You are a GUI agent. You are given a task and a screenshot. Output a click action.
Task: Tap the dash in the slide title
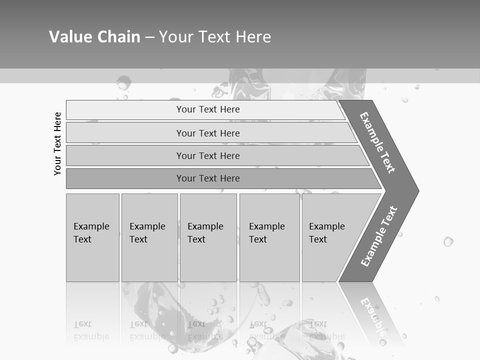point(149,37)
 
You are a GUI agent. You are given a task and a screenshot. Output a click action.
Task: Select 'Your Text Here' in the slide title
point(215,36)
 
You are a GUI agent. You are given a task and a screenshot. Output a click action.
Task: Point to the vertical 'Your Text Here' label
point(57,143)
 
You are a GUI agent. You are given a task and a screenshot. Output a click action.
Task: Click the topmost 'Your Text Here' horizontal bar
point(207,109)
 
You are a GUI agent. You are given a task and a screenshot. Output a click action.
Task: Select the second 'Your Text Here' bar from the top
point(207,133)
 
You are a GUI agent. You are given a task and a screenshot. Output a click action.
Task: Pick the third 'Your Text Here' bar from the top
point(207,155)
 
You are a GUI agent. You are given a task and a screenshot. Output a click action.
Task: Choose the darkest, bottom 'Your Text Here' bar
point(207,178)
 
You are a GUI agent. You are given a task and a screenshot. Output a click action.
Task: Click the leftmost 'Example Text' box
point(92,237)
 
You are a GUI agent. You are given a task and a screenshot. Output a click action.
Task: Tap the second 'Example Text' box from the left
point(149,237)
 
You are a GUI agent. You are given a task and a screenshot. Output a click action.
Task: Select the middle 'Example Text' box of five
point(208,237)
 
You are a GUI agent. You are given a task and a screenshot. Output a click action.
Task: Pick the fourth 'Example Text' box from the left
point(269,237)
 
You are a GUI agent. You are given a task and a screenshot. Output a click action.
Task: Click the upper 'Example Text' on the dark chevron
point(377,142)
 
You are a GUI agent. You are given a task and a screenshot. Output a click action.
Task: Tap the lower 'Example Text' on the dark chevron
point(378,236)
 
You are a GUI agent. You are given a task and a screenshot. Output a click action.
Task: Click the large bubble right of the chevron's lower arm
point(448,241)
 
